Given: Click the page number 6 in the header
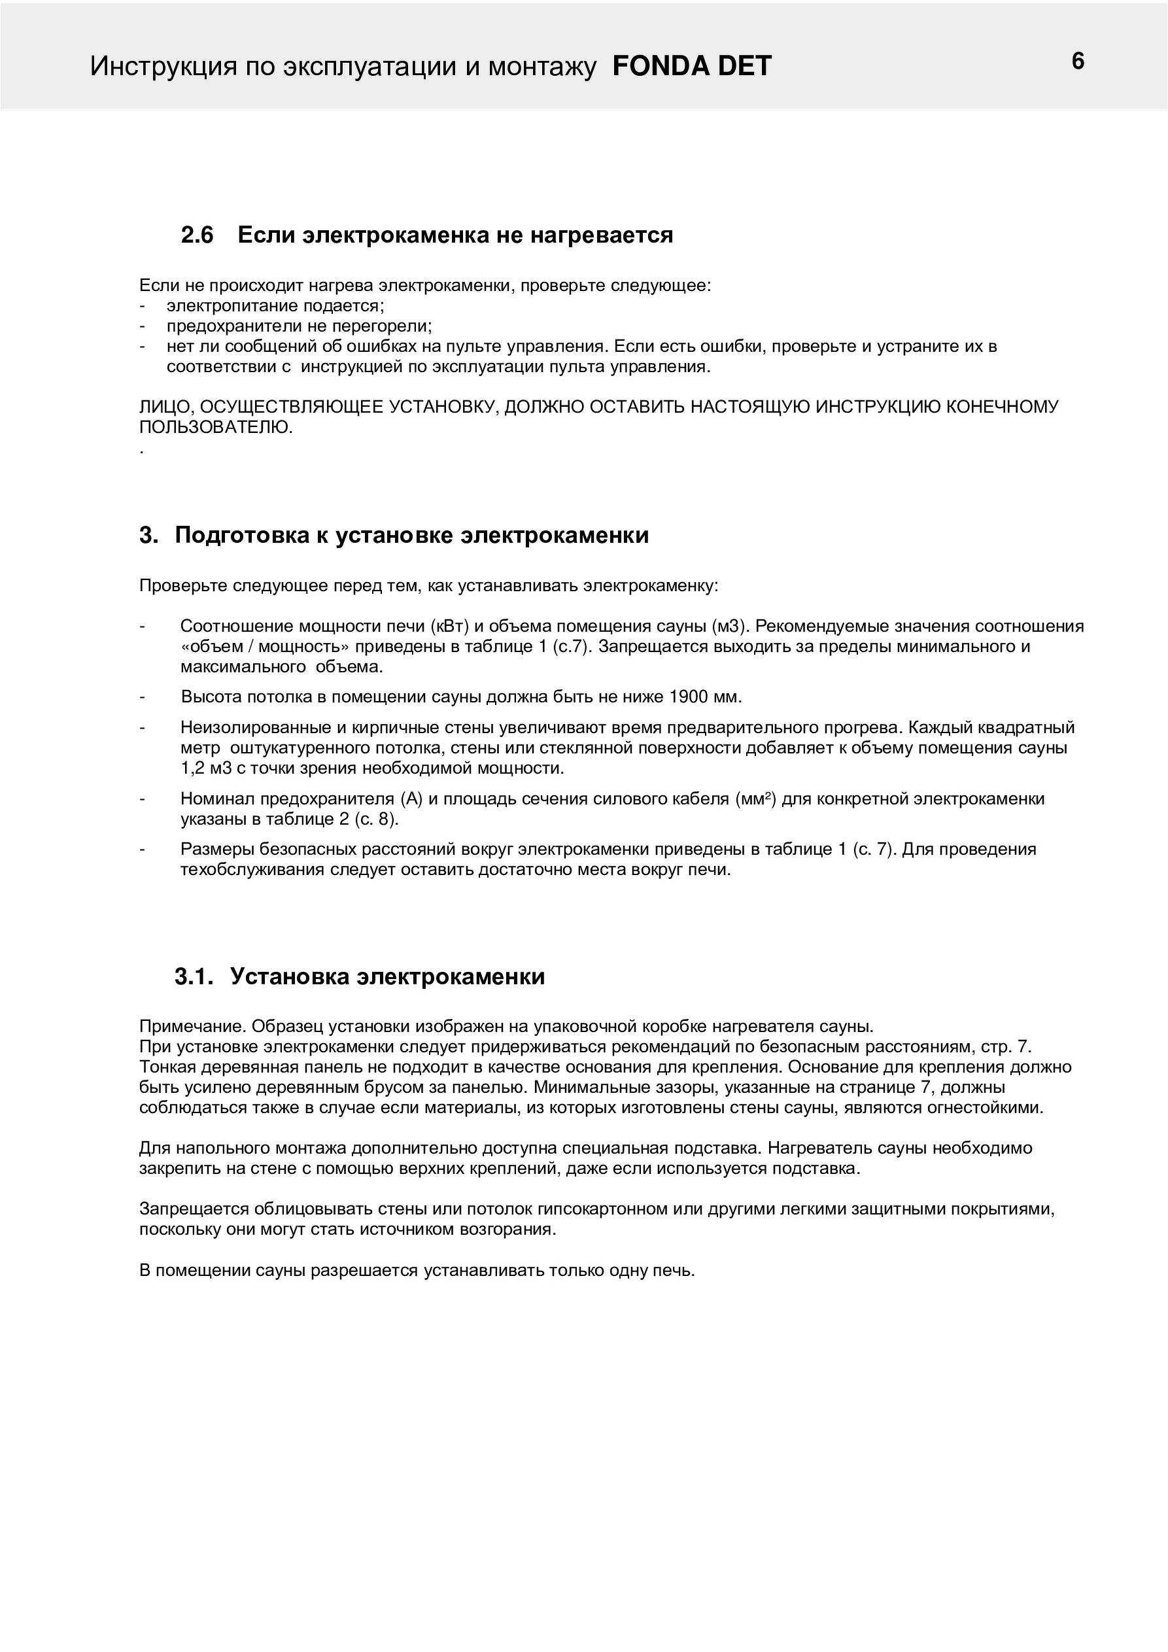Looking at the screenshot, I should coord(1077,61).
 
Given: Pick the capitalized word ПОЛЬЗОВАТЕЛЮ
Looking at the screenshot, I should coord(216,428).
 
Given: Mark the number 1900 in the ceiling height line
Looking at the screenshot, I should coord(689,697).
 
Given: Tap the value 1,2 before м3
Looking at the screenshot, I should coord(193,768).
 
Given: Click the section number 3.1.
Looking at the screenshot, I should coord(194,976).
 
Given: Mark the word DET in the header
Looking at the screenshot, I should coord(744,66).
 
